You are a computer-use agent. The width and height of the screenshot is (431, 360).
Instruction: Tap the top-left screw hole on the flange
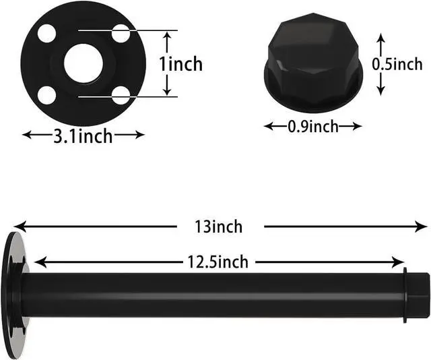click(x=46, y=32)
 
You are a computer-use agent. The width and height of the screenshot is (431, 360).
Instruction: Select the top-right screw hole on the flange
click(x=121, y=32)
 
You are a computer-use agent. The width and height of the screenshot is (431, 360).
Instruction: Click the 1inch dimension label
click(x=180, y=64)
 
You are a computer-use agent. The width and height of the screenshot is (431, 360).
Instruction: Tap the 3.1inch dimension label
click(x=83, y=136)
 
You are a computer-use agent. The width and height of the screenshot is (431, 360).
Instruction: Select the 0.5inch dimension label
click(x=397, y=65)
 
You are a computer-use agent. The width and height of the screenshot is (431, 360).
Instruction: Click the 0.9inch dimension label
click(x=312, y=126)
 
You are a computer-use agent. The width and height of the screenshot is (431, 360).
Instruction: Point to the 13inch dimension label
click(x=217, y=227)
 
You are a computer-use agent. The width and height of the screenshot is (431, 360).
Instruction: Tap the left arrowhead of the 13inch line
click(x=18, y=227)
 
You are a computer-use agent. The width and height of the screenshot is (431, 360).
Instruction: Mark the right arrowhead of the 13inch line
click(x=424, y=227)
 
